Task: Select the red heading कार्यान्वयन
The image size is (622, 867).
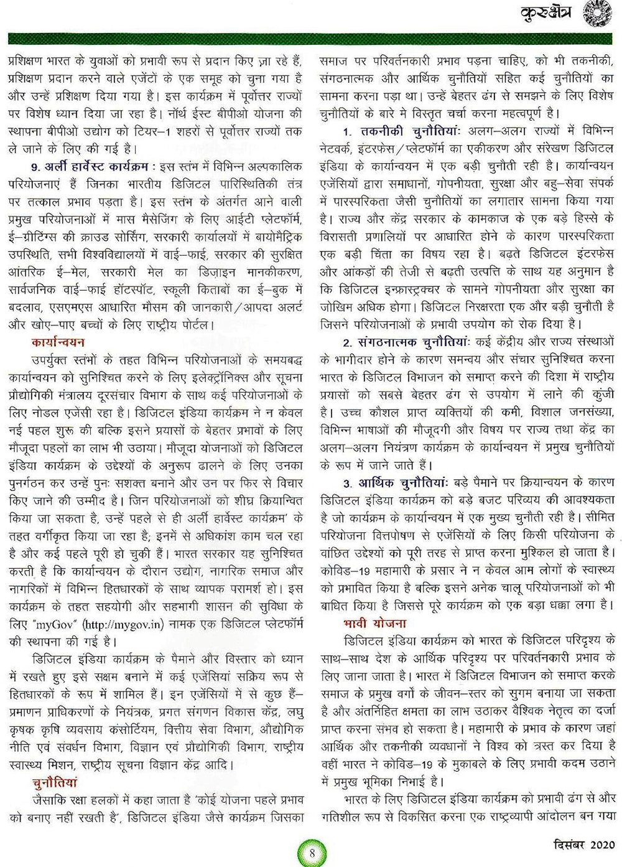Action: pyautogui.click(x=58, y=342)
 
